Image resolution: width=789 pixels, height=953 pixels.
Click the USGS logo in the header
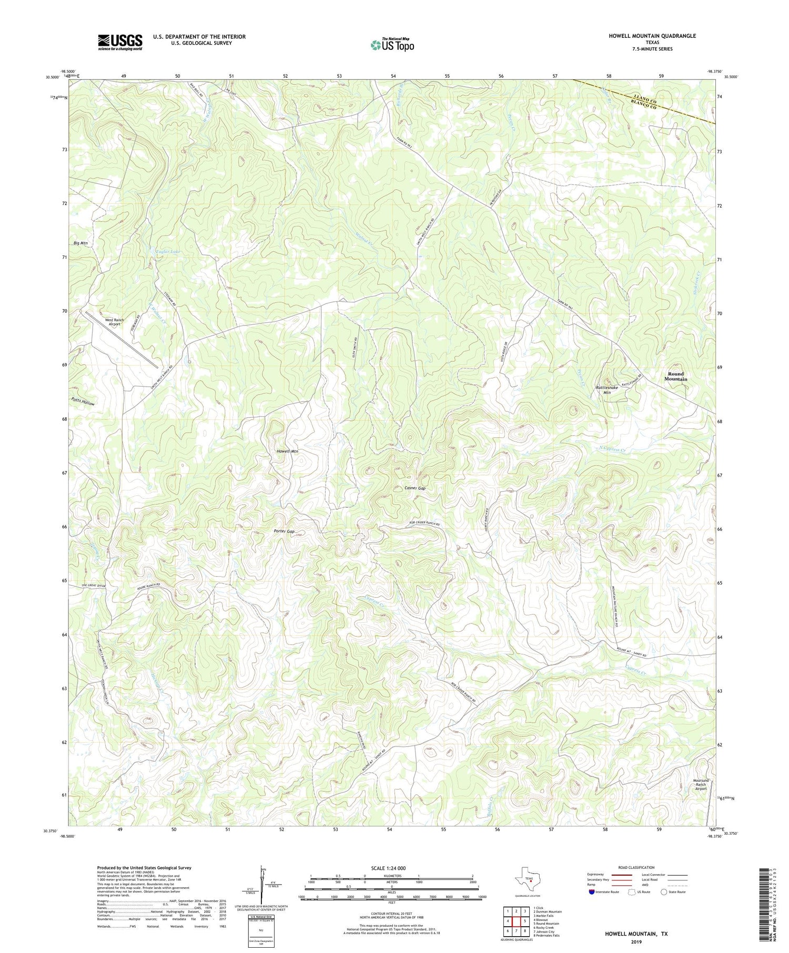click(120, 42)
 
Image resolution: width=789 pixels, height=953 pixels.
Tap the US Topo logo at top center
click(392, 45)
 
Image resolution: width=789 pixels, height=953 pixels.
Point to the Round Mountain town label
click(675, 376)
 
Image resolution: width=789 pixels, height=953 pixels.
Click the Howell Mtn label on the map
click(287, 452)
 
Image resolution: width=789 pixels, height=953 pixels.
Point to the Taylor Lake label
click(168, 252)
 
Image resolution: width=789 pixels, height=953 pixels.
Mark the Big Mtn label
click(80, 243)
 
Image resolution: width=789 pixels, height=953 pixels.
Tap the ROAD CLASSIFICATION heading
click(636, 867)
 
